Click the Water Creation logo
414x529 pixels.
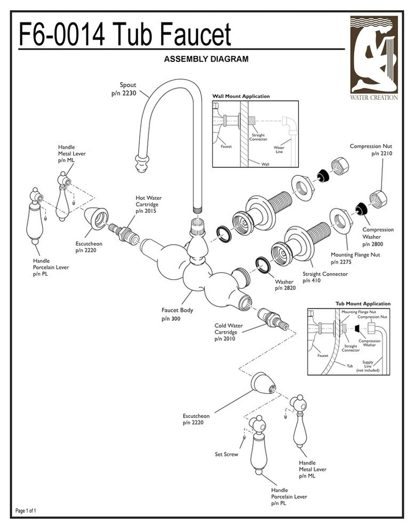coord(373,58)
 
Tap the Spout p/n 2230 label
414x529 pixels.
coord(124,89)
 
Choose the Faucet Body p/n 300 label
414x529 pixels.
coord(177,314)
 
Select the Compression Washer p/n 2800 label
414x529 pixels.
coord(378,236)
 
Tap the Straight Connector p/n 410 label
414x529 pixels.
coord(325,277)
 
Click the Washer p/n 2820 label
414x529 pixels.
coord(284,285)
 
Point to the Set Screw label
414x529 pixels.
coord(226,455)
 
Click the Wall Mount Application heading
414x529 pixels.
coord(241,97)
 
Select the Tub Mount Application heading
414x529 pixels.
coord(363,304)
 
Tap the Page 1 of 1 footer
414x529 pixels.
coord(26,511)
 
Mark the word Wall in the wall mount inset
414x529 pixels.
coord(265,164)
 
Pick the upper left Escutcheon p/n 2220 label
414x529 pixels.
coord(89,246)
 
